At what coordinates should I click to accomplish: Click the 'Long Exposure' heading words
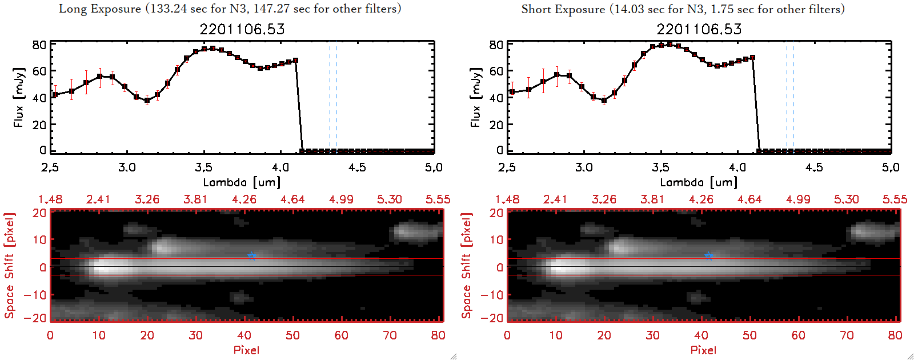point(100,9)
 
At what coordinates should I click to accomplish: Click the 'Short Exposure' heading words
point(563,9)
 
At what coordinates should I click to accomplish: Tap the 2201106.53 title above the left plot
point(242,29)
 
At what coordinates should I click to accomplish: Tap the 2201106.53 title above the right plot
point(699,29)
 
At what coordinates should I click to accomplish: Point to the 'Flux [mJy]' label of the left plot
point(19,97)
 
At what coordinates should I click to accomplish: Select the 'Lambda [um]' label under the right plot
point(699,182)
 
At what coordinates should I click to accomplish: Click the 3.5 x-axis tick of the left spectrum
point(203,167)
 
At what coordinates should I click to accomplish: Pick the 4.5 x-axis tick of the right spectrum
point(814,167)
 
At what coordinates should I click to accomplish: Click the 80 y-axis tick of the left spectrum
point(39,45)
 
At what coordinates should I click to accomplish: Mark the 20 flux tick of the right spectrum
point(496,124)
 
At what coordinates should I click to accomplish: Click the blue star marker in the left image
point(252,256)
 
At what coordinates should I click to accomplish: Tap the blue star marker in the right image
point(709,256)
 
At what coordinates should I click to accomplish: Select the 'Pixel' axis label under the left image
point(246,350)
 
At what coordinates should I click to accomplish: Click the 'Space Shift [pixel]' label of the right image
point(467,266)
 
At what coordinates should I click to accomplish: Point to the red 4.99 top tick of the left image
point(341,199)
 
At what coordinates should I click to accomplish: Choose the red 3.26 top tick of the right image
point(604,199)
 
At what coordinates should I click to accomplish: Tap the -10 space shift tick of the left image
point(35,295)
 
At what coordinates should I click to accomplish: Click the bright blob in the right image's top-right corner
point(871,231)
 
